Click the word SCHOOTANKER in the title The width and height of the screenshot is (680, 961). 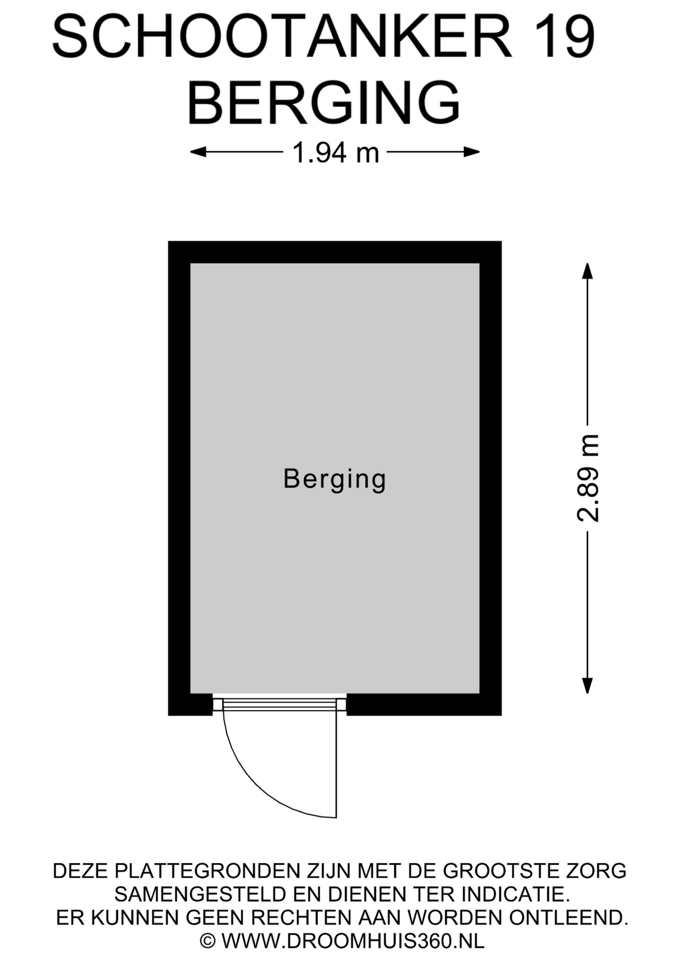click(282, 37)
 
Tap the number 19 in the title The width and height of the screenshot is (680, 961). click(564, 37)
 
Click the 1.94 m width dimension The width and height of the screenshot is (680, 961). click(335, 152)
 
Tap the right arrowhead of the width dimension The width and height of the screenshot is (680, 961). click(472, 152)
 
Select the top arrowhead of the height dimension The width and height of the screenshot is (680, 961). click(587, 271)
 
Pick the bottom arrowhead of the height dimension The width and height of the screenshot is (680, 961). click(587, 685)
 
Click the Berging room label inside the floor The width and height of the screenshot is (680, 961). click(334, 479)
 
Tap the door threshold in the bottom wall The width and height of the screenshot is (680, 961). click(279, 705)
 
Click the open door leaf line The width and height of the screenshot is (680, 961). click(336, 765)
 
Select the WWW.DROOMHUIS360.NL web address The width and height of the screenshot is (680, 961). click(353, 941)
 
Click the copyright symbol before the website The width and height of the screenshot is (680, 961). click(208, 941)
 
